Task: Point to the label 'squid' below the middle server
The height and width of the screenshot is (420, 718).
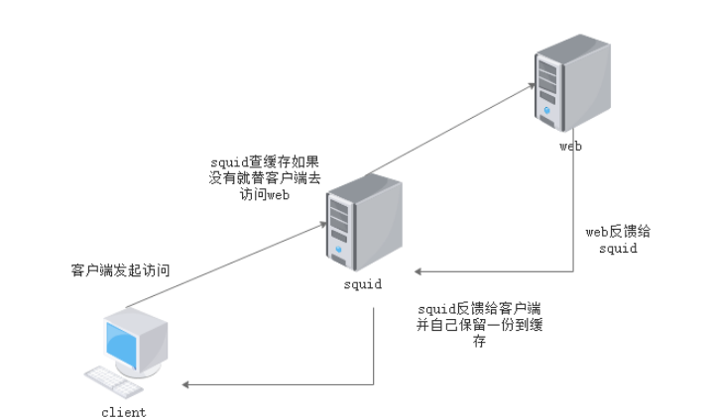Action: click(360, 286)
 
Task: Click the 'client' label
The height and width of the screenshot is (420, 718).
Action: click(123, 411)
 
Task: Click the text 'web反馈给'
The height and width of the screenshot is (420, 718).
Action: click(619, 232)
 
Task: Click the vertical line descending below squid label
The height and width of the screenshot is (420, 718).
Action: click(373, 347)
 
